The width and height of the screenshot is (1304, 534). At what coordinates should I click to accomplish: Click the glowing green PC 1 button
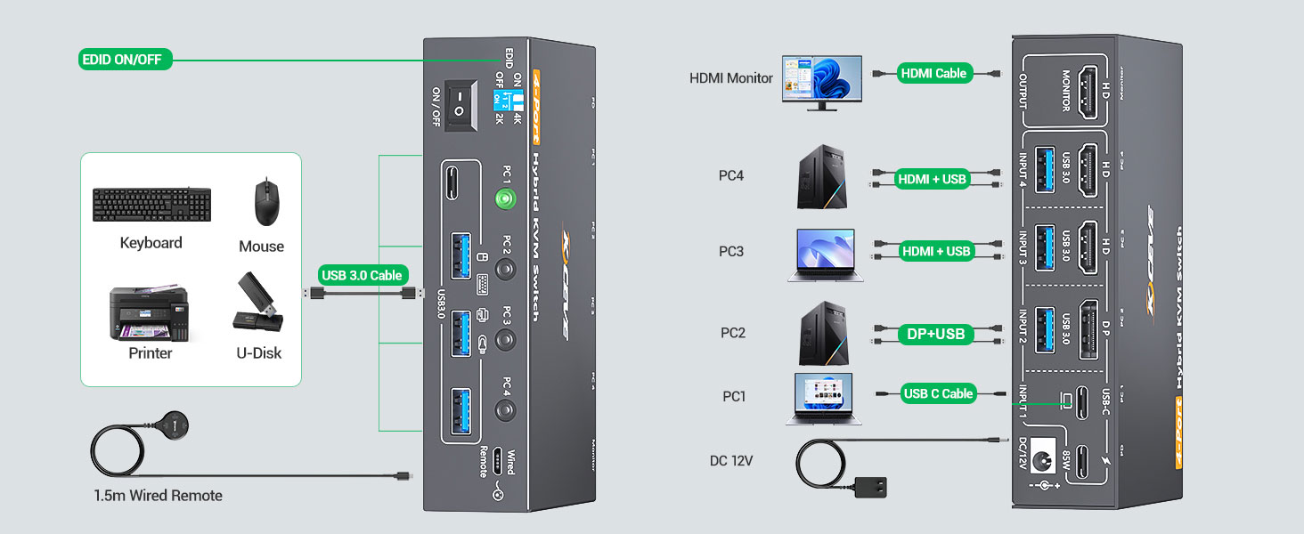[505, 198]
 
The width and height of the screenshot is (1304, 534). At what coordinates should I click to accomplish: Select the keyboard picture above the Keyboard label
[151, 205]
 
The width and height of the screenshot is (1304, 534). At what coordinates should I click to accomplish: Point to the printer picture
[149, 313]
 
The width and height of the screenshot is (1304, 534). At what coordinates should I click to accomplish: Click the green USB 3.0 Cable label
[363, 275]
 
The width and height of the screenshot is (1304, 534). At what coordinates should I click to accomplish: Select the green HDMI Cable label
[933, 74]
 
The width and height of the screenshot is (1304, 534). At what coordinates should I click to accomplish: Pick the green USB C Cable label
[938, 393]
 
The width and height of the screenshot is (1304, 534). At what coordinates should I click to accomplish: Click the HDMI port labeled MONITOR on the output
[1087, 92]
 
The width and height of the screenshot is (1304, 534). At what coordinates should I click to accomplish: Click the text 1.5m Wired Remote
[158, 496]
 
